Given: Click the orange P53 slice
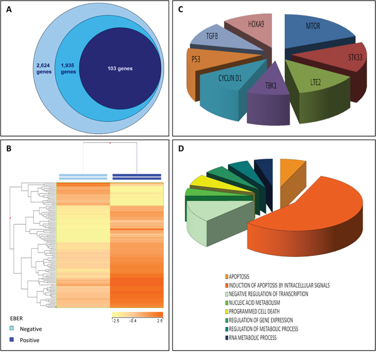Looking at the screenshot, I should [x=205, y=61].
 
